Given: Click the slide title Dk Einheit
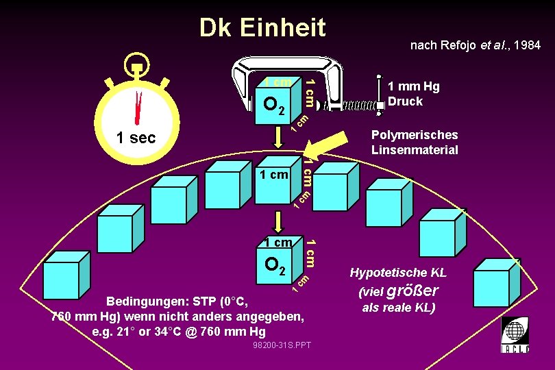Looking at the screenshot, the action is click(x=262, y=28).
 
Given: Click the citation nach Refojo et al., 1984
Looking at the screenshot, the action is click(x=475, y=45).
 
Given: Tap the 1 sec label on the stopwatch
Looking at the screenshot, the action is click(x=136, y=138).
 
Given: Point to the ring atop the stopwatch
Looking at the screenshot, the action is click(x=137, y=63).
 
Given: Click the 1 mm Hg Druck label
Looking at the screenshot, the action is click(x=413, y=94).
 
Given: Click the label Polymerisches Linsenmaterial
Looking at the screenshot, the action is click(x=415, y=143).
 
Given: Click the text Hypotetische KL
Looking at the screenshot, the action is click(x=398, y=273).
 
